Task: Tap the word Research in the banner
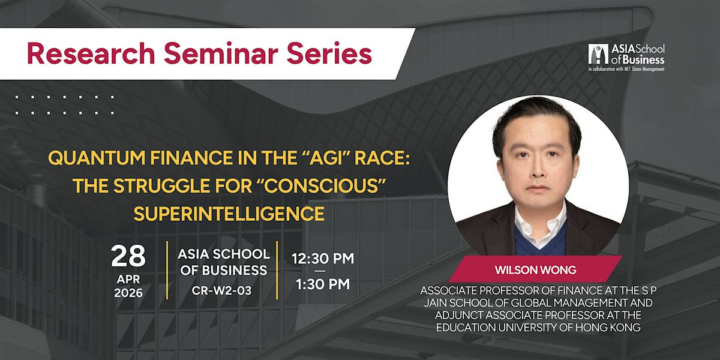[x=91, y=53]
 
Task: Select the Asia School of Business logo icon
[x=598, y=54]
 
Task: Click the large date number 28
[x=128, y=256]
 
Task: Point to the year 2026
[x=128, y=293]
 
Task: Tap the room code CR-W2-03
[x=221, y=290]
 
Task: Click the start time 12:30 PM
[x=323, y=259]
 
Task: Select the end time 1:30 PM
[x=323, y=284]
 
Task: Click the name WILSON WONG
[x=535, y=270]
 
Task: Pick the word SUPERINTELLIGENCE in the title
[x=229, y=214]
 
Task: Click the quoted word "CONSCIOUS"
[x=325, y=186]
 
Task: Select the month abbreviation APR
[x=128, y=280]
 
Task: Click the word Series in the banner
[x=329, y=53]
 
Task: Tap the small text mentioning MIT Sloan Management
[x=626, y=69]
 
